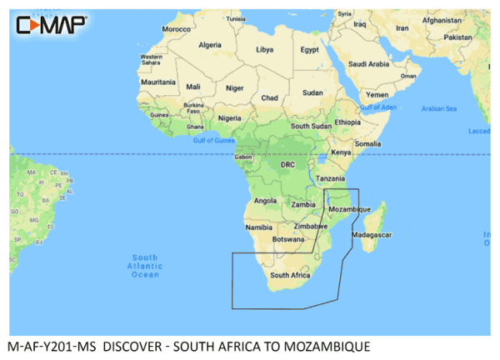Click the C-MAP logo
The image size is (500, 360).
(50, 25)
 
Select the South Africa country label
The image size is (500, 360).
(290, 275)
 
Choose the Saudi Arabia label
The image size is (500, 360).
(370, 63)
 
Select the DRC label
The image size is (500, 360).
(287, 165)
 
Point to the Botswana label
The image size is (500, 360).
(288, 238)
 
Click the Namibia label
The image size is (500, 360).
(259, 227)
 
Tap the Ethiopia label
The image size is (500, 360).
(347, 122)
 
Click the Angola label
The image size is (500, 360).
(263, 200)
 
